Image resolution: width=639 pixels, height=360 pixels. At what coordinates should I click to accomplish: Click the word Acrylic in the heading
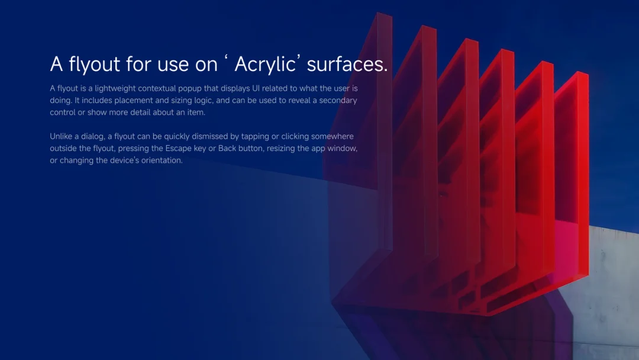coord(265,65)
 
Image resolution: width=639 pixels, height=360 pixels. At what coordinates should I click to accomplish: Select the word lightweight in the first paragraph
coord(115,88)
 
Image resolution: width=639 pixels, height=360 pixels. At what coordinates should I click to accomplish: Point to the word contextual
coord(157,88)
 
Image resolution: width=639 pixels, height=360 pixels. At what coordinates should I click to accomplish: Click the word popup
coord(190,88)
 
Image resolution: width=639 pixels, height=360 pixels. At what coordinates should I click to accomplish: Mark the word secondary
coord(338,100)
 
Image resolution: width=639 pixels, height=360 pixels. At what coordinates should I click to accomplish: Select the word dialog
coord(92,137)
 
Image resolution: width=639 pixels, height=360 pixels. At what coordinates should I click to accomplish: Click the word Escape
coord(178,149)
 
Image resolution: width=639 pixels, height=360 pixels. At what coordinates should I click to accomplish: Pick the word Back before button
coord(227,148)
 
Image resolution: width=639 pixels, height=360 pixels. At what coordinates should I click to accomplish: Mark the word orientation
coord(162,160)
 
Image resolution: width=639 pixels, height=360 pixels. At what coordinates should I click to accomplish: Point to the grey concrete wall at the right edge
coord(611,285)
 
